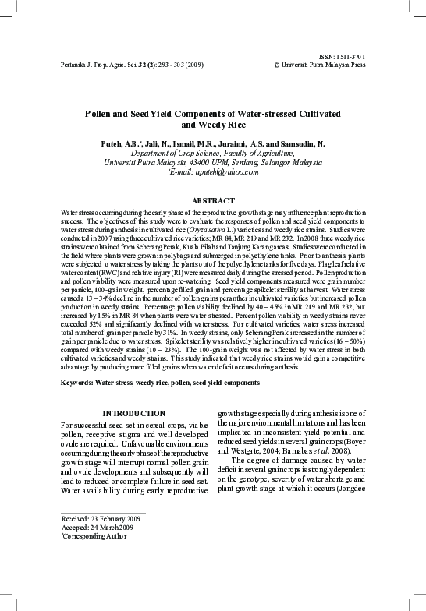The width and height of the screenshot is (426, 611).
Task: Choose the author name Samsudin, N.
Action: coord(296,145)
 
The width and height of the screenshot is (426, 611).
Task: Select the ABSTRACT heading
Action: coord(212,200)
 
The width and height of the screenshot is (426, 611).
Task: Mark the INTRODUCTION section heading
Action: coord(133,412)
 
